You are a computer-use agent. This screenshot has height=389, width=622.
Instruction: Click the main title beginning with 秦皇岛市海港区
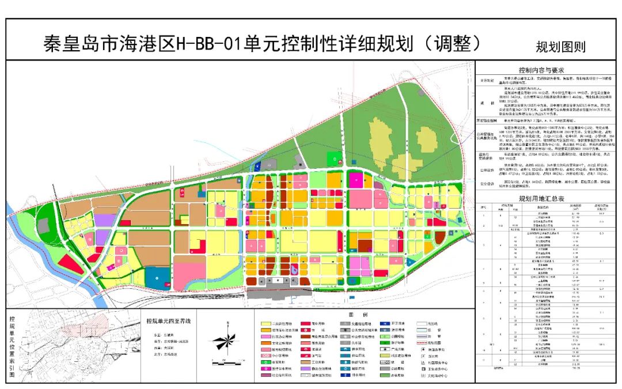tap(261, 43)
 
